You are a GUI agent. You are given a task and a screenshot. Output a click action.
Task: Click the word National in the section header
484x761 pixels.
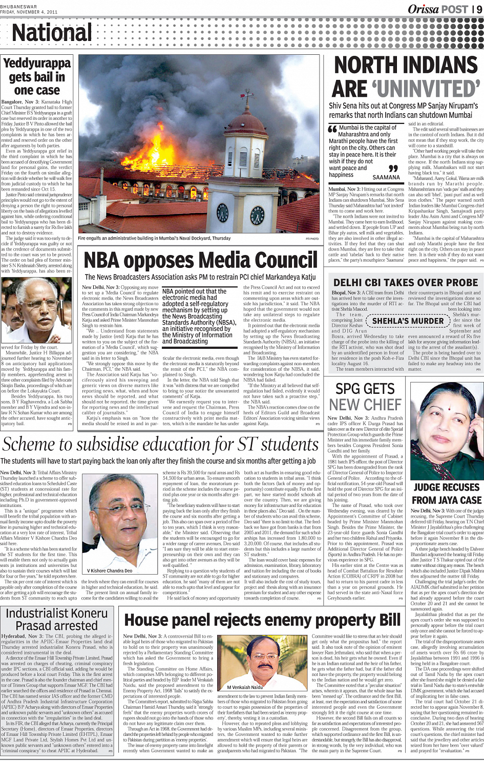click(x=52, y=33)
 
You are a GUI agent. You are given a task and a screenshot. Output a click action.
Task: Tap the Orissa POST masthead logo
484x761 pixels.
click(x=437, y=9)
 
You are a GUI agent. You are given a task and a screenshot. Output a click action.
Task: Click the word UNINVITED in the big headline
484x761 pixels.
click(x=428, y=89)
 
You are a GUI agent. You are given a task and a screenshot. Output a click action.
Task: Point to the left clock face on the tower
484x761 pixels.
click(x=222, y=212)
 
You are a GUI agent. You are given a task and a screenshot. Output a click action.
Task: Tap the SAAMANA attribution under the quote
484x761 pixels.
click(x=386, y=178)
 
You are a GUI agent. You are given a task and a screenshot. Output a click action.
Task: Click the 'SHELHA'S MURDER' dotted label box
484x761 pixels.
click(x=408, y=321)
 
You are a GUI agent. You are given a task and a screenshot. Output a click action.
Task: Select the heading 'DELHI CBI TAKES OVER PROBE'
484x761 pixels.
click(x=406, y=283)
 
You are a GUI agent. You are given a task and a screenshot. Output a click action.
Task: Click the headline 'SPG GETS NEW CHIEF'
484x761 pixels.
click(x=365, y=397)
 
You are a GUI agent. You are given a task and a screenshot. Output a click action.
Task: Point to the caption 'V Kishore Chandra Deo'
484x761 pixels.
click(x=110, y=570)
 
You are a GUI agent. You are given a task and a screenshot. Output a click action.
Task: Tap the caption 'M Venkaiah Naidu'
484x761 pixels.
click(x=245, y=687)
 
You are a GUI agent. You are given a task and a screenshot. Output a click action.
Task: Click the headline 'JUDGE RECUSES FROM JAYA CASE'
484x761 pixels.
click(x=447, y=494)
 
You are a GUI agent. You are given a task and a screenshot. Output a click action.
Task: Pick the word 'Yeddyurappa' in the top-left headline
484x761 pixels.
click(x=37, y=64)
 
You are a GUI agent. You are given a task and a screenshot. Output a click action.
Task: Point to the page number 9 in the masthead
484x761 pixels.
click(x=479, y=9)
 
